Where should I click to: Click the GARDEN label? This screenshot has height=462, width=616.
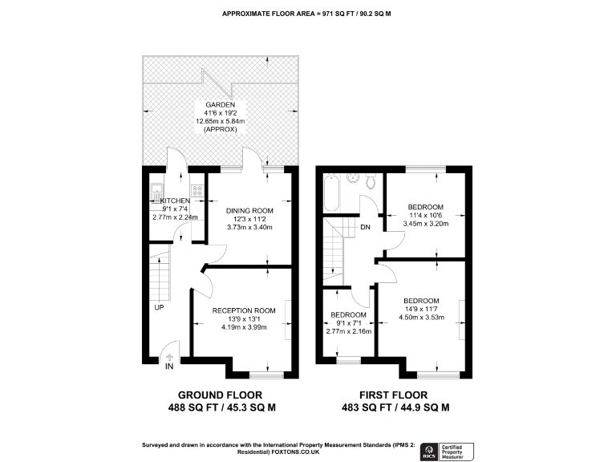click(x=221, y=105)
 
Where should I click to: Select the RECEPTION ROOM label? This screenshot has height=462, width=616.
click(x=244, y=310)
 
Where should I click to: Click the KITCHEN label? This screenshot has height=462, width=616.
click(x=175, y=201)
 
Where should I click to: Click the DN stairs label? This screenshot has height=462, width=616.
click(x=365, y=228)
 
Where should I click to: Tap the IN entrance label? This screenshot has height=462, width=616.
click(x=169, y=367)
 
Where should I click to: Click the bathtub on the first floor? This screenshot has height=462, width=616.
click(x=331, y=192)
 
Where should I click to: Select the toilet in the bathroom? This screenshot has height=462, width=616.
click(x=370, y=181)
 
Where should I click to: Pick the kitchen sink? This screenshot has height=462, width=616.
click(x=157, y=192)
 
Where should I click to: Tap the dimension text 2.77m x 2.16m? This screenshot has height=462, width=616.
click(x=348, y=330)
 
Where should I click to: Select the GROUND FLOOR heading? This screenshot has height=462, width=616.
click(x=227, y=395)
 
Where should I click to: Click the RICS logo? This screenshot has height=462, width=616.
click(x=428, y=449)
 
